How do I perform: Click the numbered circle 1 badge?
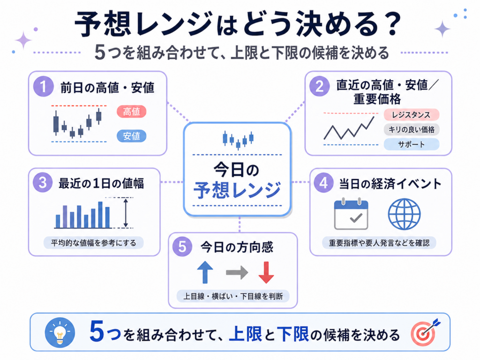[x=43, y=86]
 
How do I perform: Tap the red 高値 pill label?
[x=131, y=112]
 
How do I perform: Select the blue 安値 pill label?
[x=131, y=136]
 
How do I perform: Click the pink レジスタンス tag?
[x=411, y=115]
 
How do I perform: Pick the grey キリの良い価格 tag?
[x=411, y=129]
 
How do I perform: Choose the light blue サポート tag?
[x=411, y=144]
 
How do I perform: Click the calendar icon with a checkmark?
[x=351, y=214]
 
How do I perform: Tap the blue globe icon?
[x=404, y=214]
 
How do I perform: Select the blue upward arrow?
[x=205, y=272]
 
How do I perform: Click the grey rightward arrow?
[x=237, y=272]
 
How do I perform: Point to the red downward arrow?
[x=266, y=272]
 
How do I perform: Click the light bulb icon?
[x=60, y=332]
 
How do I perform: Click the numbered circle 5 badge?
[x=182, y=247]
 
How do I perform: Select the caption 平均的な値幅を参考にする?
[x=93, y=243]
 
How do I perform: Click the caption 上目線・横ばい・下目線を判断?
[x=233, y=296]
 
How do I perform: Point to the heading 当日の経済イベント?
[x=390, y=184]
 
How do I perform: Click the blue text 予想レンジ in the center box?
[x=237, y=190]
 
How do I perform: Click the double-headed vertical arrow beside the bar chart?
[x=126, y=213]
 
